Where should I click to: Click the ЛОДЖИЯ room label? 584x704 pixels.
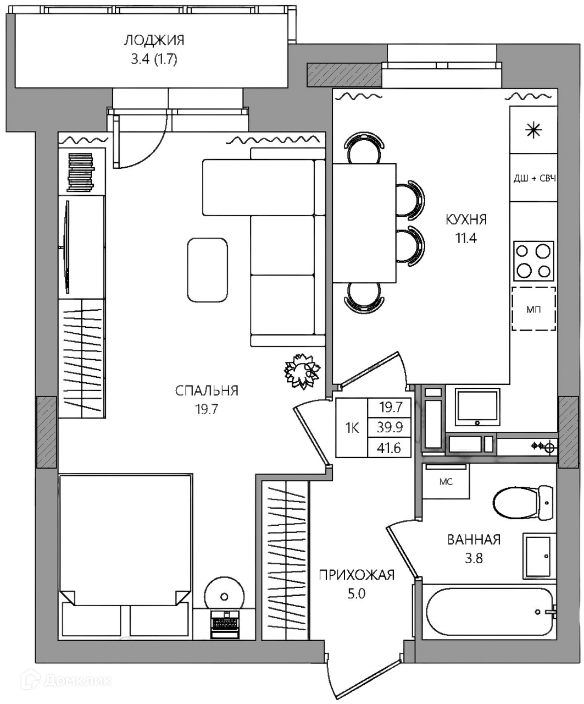tap(154, 41)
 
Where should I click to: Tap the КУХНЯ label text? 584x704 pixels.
tap(466, 219)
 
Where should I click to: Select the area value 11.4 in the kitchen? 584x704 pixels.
tap(466, 238)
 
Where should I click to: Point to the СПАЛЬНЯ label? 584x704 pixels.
tap(207, 391)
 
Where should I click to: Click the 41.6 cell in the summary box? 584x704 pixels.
tap(389, 448)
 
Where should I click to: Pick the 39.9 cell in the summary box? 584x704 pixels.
tap(390, 427)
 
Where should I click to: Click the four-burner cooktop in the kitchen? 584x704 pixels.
tap(533, 261)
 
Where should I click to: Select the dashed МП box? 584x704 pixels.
tap(533, 309)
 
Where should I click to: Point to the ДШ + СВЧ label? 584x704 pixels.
tap(534, 178)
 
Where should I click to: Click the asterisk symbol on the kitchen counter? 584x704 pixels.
tap(534, 130)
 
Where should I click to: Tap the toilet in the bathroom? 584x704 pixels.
tap(522, 502)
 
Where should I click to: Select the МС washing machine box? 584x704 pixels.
tap(446, 481)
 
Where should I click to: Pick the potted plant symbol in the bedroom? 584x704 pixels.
tap(302, 371)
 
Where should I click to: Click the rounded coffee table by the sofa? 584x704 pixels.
tap(208, 270)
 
